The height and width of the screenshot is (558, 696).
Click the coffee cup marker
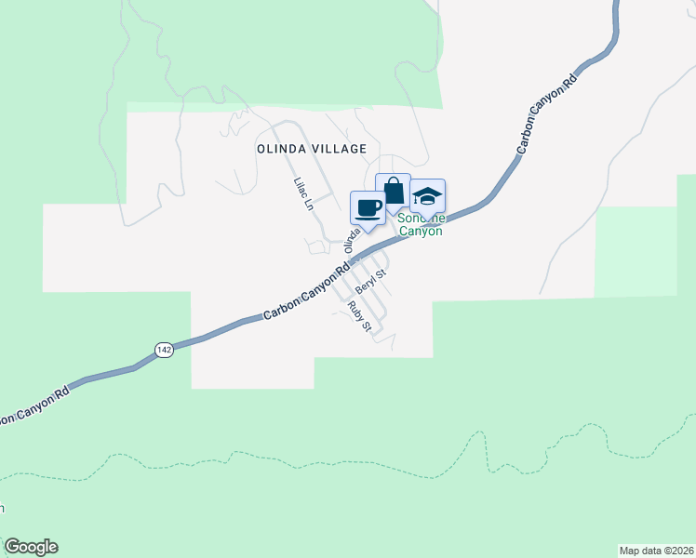[368, 207]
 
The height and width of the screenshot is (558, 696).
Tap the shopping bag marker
[393, 191]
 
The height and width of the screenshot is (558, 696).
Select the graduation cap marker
[427, 196]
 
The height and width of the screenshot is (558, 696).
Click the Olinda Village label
[312, 149]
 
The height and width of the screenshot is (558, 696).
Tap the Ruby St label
[359, 316]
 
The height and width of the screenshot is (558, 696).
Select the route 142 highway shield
[164, 350]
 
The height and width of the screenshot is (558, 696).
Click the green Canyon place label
[421, 231]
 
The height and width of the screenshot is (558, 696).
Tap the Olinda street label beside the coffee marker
[352, 240]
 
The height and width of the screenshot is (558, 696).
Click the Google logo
[31, 547]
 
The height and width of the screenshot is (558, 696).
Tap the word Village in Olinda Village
[341, 149]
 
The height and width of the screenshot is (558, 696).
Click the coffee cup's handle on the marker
[379, 206]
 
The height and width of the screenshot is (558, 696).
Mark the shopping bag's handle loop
[393, 182]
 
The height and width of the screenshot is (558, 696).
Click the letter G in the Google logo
[12, 547]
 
